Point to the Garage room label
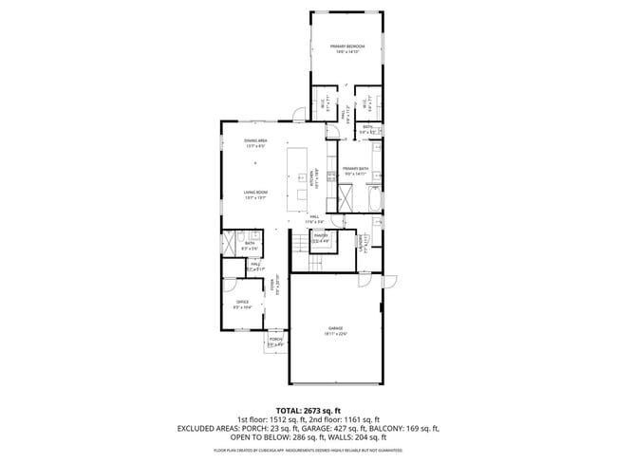(x=337, y=331)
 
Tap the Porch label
(x=276, y=342)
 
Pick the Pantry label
(x=321, y=238)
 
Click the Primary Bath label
(x=356, y=172)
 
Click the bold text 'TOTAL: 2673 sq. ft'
(x=308, y=409)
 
